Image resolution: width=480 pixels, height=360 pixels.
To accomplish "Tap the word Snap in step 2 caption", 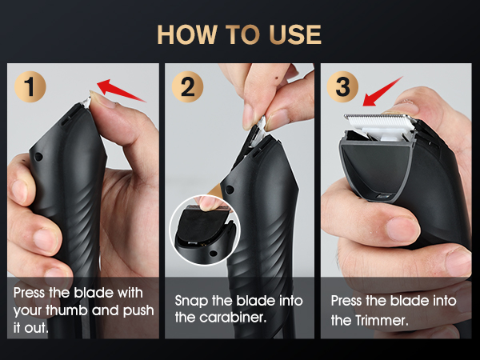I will click(x=190, y=301).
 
